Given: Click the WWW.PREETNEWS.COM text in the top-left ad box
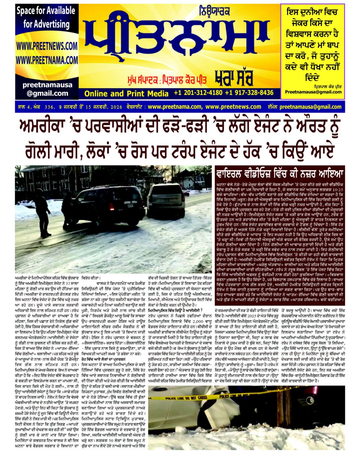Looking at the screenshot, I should pyautogui.click(x=46, y=46).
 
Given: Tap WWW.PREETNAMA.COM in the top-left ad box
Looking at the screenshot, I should pyautogui.click(x=46, y=60).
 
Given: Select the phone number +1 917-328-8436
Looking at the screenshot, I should pyautogui.click(x=249, y=93).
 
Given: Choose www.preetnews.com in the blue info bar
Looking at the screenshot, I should pyautogui.click(x=233, y=107).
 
